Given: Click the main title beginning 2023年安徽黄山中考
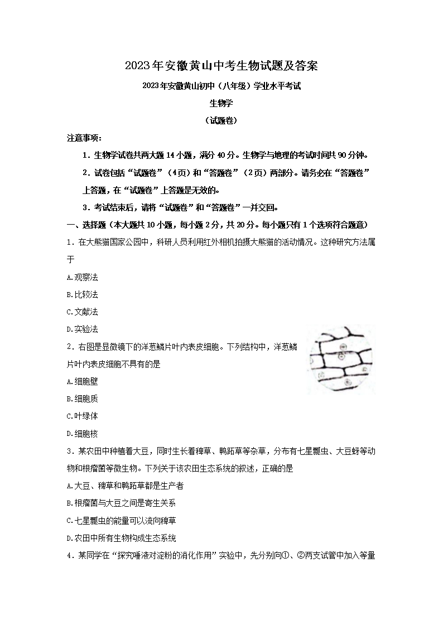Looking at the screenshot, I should (x=221, y=66).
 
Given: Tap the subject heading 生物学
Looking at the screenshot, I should (x=221, y=103).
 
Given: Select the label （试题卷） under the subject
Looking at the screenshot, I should (x=221, y=120).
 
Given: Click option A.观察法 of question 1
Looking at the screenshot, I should (x=82, y=277).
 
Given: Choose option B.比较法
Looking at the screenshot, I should (x=82, y=294).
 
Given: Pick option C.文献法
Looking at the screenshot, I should (x=82, y=312).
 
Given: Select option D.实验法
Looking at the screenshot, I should (x=82, y=329).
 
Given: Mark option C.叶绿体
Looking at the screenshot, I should (x=82, y=416).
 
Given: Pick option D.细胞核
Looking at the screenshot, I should (x=82, y=433).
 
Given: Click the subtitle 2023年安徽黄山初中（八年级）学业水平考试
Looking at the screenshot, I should (x=221, y=86).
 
